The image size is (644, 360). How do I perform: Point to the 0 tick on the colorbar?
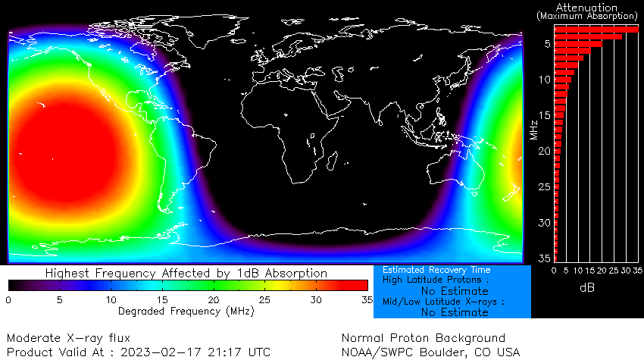(x=8, y=300)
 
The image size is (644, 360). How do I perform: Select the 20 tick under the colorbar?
(x=214, y=300)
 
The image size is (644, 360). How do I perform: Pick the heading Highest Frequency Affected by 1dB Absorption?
(x=186, y=273)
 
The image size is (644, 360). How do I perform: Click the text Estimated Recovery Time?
(x=436, y=270)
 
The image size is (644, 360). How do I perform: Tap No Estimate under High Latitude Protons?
(x=455, y=291)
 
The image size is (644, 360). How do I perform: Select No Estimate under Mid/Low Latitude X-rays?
(x=455, y=311)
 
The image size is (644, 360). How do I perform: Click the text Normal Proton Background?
(x=423, y=337)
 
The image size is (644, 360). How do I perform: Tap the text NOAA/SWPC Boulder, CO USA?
(x=431, y=352)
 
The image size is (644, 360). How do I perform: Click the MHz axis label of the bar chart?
(x=535, y=129)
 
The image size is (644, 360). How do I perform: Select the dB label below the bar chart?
(x=586, y=288)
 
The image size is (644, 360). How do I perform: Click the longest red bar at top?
(x=596, y=29)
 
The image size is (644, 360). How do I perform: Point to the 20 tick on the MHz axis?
(x=544, y=151)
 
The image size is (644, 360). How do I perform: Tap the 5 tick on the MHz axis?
(x=546, y=44)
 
